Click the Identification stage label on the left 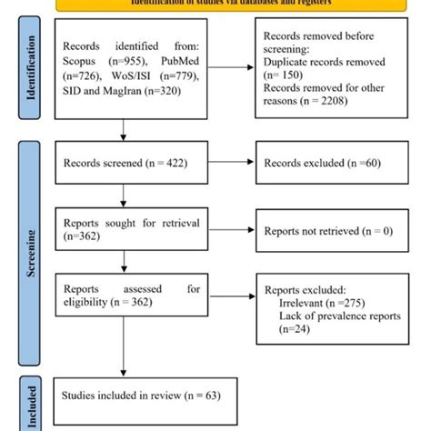click(34, 73)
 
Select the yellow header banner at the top click(215, 5)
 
